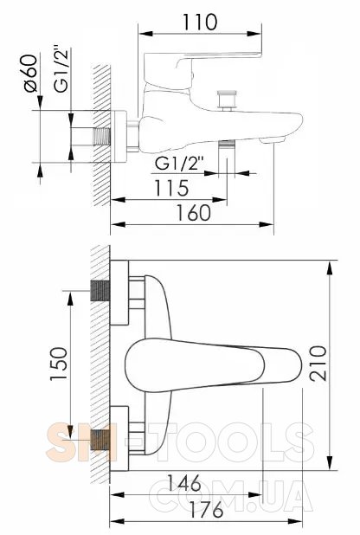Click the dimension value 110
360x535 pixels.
[x=200, y=22]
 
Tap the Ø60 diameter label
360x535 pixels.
[x=30, y=74]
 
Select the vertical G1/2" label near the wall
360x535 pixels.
[x=61, y=71]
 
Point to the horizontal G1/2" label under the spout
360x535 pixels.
[x=179, y=164]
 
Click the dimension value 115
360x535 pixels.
[x=171, y=188]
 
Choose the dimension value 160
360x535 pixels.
[x=194, y=213]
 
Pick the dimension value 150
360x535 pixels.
[x=59, y=364]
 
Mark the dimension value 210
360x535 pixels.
[x=318, y=363]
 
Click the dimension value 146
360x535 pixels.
[x=184, y=483]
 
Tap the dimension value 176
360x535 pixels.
[x=206, y=510]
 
